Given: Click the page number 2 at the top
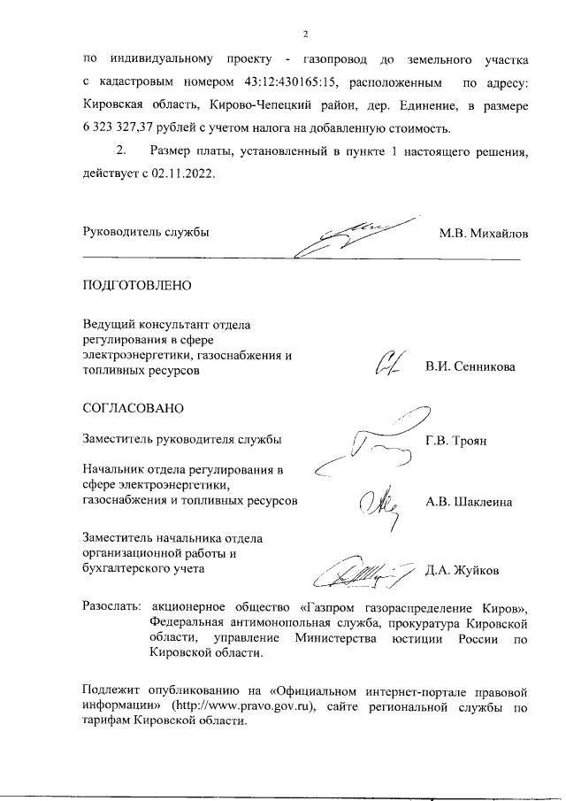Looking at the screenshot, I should pos(304,35).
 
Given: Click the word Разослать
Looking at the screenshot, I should pos(111,608).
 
